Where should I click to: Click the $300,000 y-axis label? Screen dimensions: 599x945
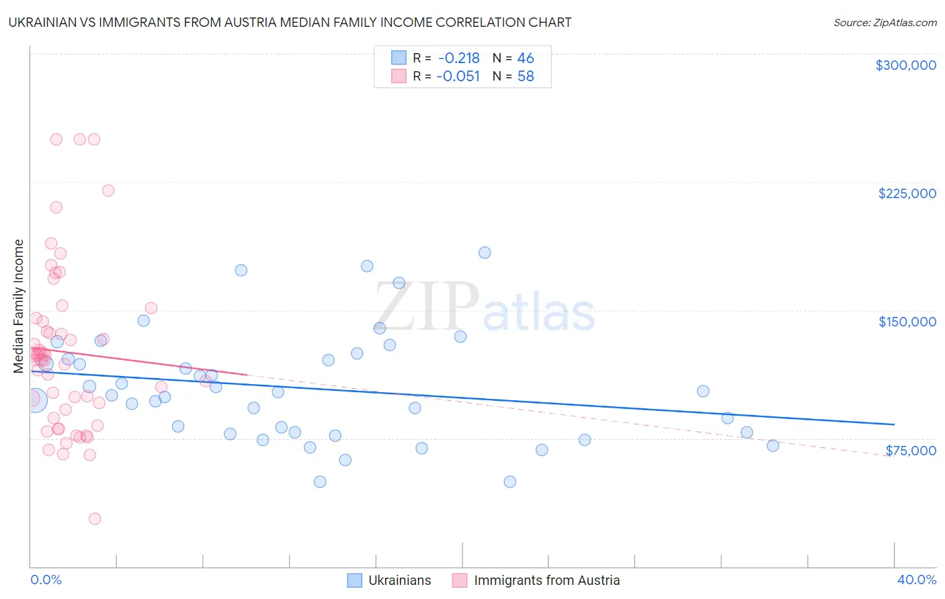point(905,65)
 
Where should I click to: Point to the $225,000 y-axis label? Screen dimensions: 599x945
point(907,193)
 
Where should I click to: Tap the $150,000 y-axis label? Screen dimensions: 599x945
point(907,322)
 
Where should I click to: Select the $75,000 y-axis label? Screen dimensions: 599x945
point(910,451)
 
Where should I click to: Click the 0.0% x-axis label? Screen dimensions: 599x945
point(46,580)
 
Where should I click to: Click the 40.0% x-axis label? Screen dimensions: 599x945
point(916,580)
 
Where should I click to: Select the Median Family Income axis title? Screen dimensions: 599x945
point(19,306)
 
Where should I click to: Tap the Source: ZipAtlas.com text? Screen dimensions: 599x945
point(885,22)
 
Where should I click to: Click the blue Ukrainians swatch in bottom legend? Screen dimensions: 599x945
point(355,580)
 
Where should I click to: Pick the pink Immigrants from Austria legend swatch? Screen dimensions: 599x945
point(460,580)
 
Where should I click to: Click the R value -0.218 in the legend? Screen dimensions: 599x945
point(458,58)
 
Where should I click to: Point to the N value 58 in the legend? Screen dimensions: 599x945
point(526,77)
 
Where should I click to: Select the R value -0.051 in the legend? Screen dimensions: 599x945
point(458,77)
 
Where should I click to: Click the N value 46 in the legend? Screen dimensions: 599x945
point(526,58)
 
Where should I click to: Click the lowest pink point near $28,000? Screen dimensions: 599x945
point(95,519)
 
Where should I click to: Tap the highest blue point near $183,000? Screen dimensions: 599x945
point(485,252)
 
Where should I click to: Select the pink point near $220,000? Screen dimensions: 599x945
point(108,191)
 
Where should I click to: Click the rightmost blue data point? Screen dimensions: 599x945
point(773,446)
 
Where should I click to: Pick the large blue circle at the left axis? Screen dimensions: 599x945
point(35,400)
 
